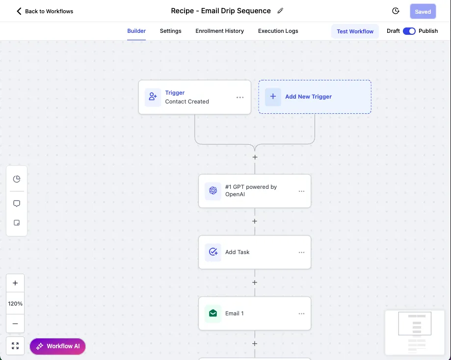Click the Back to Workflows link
(45, 11)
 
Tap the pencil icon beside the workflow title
(280, 11)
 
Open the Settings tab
(171, 31)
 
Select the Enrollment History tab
(220, 31)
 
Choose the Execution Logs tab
(278, 31)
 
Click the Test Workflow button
(355, 31)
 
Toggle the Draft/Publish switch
(409, 31)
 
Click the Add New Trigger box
(315, 97)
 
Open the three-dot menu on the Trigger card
(240, 98)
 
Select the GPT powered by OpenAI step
(255, 191)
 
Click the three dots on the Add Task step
(301, 253)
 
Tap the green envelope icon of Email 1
(213, 313)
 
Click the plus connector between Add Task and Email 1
(255, 283)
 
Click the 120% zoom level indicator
(15, 304)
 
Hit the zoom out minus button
(15, 324)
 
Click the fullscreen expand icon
(15, 346)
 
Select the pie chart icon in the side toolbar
(17, 179)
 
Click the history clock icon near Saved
(396, 11)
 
